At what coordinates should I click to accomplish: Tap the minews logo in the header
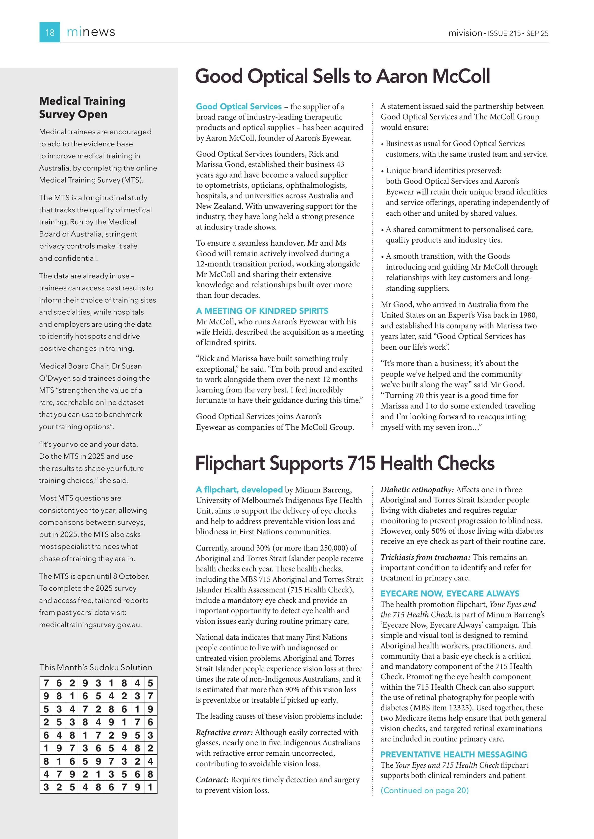coord(91,32)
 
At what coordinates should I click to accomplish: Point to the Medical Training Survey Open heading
coord(82,107)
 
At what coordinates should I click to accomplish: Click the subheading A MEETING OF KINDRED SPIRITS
coord(262,311)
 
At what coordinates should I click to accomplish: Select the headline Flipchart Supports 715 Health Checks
coord(345,463)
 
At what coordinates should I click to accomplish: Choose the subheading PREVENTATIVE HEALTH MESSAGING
coord(454,755)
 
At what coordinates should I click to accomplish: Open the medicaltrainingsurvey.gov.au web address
coord(90,625)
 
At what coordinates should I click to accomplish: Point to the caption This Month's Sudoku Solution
coord(96,667)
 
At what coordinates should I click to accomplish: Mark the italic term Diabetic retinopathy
coord(417,490)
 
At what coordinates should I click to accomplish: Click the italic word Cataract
coord(212,780)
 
